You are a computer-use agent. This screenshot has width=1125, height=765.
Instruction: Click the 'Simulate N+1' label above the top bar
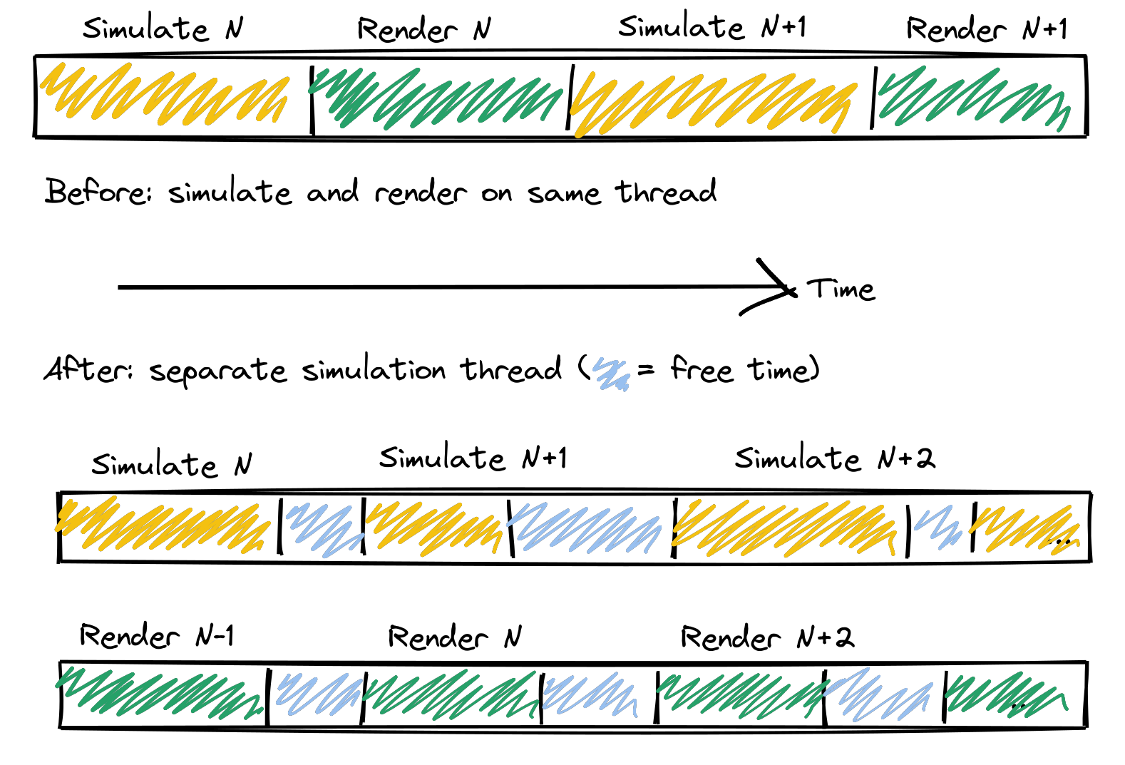click(712, 27)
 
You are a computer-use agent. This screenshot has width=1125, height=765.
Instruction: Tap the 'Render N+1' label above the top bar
click(986, 29)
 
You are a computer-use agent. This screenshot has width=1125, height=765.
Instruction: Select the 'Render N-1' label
click(156, 635)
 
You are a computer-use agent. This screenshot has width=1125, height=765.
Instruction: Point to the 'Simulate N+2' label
click(834, 458)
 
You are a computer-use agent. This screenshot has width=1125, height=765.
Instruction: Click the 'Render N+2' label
click(766, 637)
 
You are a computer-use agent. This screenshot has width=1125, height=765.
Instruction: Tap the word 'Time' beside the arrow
click(841, 289)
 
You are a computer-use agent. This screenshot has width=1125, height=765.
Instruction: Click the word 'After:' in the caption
click(88, 369)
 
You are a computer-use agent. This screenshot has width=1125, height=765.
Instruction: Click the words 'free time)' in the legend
click(744, 369)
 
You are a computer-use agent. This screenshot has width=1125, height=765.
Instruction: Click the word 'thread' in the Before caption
click(666, 192)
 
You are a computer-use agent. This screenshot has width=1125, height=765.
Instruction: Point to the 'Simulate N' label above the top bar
click(163, 29)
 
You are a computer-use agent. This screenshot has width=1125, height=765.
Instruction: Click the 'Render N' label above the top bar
click(423, 29)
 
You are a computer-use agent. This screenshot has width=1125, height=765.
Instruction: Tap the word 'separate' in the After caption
click(217, 371)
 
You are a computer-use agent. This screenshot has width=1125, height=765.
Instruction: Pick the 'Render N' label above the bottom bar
click(454, 637)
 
